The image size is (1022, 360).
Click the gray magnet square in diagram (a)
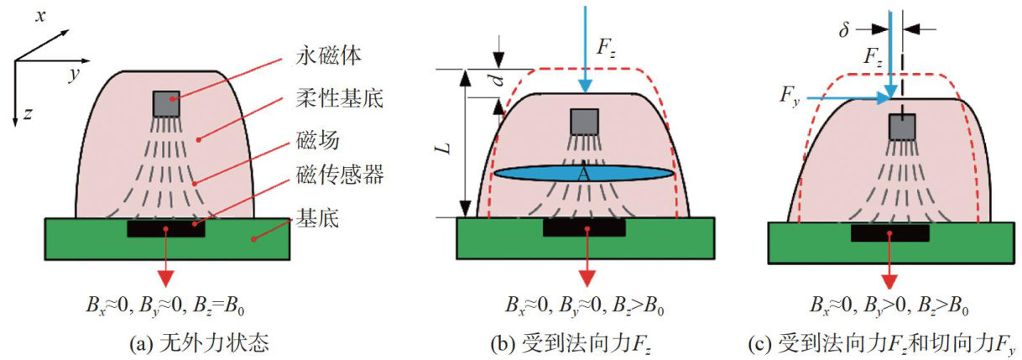tap(166, 103)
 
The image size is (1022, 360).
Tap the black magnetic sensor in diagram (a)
tap(166, 227)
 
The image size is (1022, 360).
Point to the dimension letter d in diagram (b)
tap(496, 81)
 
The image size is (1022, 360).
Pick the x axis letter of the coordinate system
tap(39, 15)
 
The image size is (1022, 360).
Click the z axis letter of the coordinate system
tap(28, 116)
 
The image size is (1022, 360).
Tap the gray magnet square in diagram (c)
tap(902, 126)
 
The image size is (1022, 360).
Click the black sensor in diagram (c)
tap(889, 232)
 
